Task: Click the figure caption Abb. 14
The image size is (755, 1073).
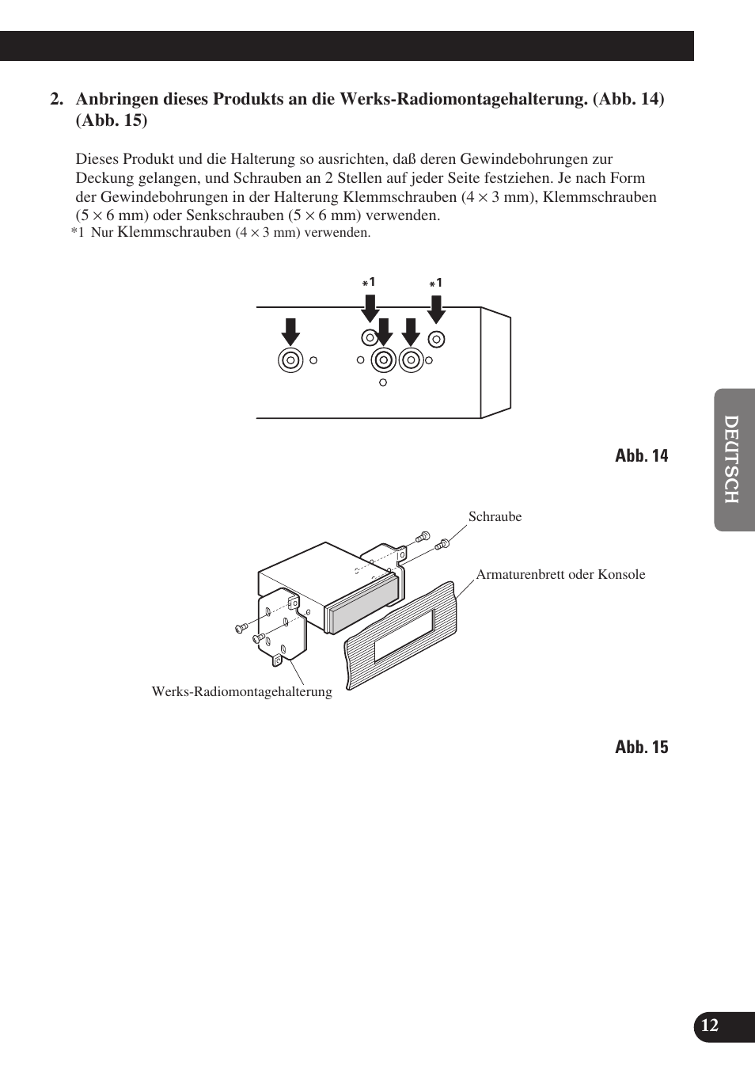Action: (x=641, y=455)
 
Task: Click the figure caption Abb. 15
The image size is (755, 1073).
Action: (x=641, y=747)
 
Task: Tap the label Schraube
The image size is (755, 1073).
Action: (x=495, y=516)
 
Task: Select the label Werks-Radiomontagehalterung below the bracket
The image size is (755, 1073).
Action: (x=241, y=692)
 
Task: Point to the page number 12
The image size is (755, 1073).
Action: (x=710, y=1026)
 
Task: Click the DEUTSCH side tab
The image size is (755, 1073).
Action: (x=734, y=459)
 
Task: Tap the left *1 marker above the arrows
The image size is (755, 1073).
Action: (x=369, y=283)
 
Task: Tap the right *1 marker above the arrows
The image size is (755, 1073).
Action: (x=436, y=283)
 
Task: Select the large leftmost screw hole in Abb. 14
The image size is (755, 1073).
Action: (x=291, y=360)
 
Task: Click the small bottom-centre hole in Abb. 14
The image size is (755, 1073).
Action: (x=384, y=382)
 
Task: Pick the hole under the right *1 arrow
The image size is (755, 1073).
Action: (x=436, y=339)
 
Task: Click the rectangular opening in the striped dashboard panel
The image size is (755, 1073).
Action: (x=404, y=634)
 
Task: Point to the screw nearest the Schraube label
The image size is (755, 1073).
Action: (x=442, y=543)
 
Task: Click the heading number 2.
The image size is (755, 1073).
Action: (x=55, y=100)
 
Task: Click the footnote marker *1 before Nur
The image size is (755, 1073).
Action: (x=78, y=233)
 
